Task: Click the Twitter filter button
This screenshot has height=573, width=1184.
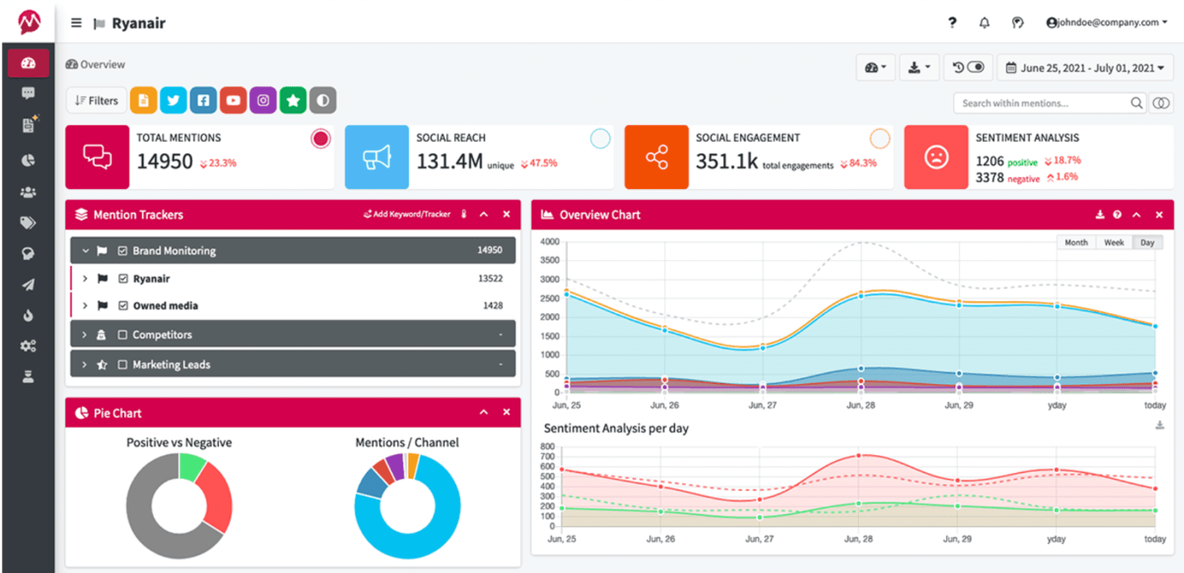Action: point(173,100)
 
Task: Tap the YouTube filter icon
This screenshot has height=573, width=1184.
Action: point(233,100)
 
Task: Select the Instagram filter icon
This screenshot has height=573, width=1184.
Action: point(263,100)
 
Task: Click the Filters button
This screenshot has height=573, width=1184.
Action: point(97,100)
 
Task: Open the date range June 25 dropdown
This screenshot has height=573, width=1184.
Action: point(1085,68)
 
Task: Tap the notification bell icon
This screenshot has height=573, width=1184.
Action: point(984,22)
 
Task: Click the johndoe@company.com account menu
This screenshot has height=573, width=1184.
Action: point(1106,22)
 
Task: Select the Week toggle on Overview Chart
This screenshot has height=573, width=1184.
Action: point(1114,242)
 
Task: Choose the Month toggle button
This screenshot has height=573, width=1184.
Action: point(1076,242)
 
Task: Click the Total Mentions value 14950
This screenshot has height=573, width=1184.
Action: point(165,162)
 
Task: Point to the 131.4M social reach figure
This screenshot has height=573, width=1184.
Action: point(449,162)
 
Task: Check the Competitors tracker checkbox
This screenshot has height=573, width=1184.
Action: point(123,335)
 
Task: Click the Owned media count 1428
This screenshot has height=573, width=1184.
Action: point(493,305)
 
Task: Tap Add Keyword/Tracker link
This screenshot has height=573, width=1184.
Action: point(406,214)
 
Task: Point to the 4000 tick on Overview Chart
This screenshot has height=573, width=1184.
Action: point(549,241)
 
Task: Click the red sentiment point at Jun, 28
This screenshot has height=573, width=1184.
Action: point(859,455)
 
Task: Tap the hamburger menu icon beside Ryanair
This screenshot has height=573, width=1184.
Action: point(76,22)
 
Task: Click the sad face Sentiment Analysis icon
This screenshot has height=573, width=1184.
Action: point(936,157)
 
